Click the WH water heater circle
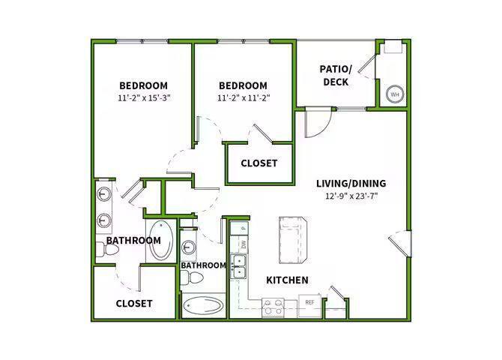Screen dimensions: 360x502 [394, 94]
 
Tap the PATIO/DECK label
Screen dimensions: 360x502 [336, 75]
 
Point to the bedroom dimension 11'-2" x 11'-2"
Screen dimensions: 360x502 [243, 97]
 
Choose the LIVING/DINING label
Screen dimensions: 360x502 [351, 183]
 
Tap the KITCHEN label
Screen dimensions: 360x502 [288, 280]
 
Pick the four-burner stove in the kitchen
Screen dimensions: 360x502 [272, 307]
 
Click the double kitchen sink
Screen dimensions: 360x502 [240, 266]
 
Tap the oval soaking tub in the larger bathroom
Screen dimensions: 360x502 [160, 240]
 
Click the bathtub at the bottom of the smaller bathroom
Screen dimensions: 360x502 [202, 306]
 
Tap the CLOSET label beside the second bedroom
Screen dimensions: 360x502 [258, 163]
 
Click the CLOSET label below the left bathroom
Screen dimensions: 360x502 [134, 304]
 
